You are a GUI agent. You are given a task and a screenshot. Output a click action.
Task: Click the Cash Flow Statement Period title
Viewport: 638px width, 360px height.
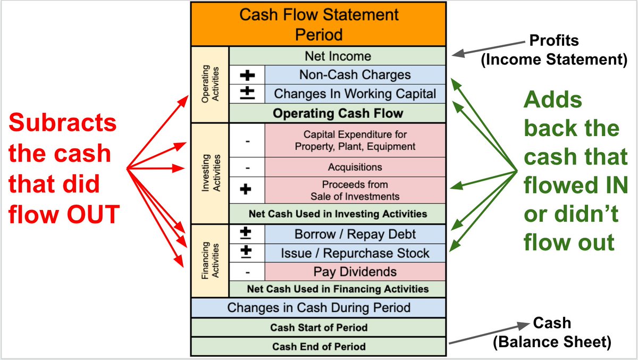pos(318,24)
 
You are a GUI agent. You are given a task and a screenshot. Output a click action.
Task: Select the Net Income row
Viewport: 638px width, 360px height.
pos(338,56)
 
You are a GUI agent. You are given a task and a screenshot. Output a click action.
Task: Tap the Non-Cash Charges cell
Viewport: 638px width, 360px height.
pos(355,75)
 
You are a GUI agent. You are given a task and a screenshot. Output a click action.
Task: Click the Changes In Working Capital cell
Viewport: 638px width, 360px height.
pos(355,94)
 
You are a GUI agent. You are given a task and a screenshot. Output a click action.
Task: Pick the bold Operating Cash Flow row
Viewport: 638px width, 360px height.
pos(338,113)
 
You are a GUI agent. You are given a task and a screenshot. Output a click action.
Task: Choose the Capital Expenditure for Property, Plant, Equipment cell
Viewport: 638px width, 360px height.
pos(355,140)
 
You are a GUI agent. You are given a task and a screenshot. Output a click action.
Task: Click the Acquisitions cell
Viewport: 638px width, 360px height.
pos(355,167)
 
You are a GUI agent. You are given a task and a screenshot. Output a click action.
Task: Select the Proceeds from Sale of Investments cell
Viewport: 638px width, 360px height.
pos(355,190)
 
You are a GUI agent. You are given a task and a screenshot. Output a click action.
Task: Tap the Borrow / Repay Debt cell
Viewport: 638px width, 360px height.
pos(355,234)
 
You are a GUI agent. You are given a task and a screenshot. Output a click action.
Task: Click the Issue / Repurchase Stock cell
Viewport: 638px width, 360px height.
pos(355,253)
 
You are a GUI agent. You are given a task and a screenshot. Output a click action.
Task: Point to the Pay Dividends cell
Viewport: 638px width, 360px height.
pos(355,272)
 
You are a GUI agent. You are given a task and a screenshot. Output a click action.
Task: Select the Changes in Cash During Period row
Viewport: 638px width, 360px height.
pos(318,307)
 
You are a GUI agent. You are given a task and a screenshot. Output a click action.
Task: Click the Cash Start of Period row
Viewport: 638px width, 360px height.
pos(318,328)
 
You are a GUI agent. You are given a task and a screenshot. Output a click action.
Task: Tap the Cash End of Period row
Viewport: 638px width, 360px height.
pos(318,347)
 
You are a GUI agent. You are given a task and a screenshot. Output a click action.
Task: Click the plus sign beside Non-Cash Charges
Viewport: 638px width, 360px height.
pos(247,75)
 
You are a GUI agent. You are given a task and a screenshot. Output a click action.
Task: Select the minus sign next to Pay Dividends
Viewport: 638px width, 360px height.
pos(247,272)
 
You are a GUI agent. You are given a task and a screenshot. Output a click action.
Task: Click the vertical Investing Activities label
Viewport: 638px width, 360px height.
pos(210,173)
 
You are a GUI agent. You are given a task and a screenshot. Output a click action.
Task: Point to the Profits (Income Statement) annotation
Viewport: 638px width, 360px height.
pos(553,50)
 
